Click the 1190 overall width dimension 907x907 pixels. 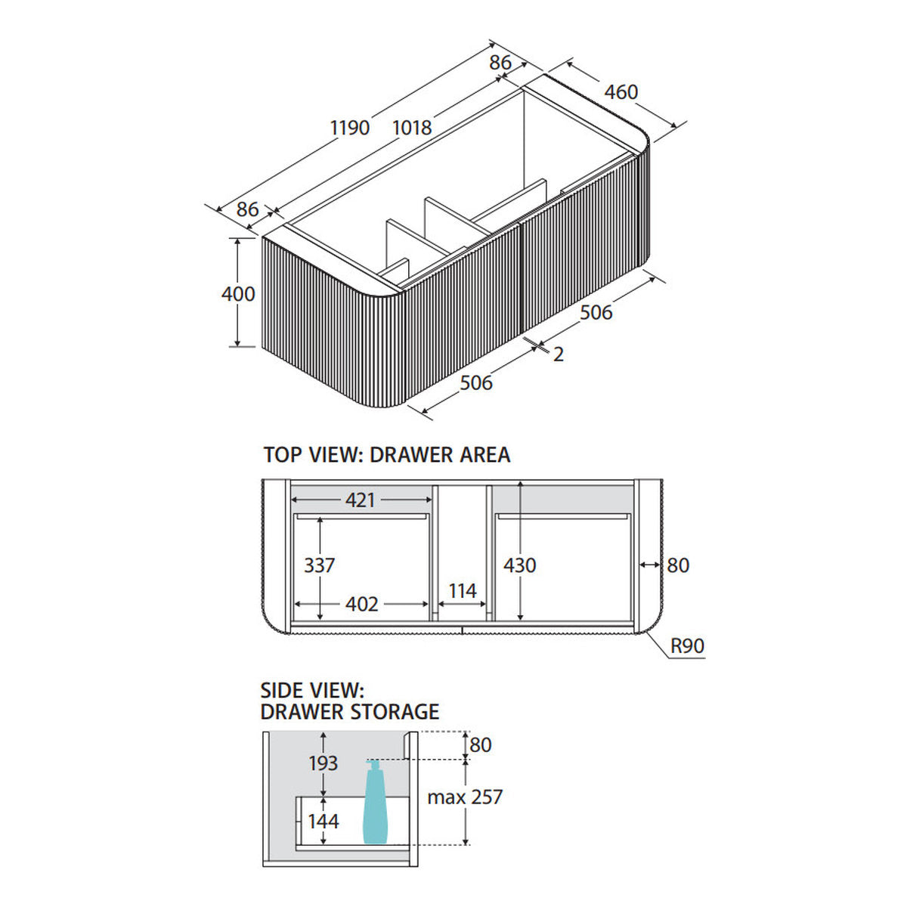pos(350,128)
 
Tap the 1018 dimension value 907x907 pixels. pos(412,128)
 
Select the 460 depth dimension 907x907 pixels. pos(621,92)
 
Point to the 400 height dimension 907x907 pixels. pos(238,294)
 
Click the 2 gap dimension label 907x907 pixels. pos(559,354)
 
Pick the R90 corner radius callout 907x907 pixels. pos(687,645)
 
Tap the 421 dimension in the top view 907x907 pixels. pos(360,500)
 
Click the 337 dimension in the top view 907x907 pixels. pos(319,565)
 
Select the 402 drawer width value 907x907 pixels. pos(361,604)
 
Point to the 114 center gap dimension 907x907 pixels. pos(463,591)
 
